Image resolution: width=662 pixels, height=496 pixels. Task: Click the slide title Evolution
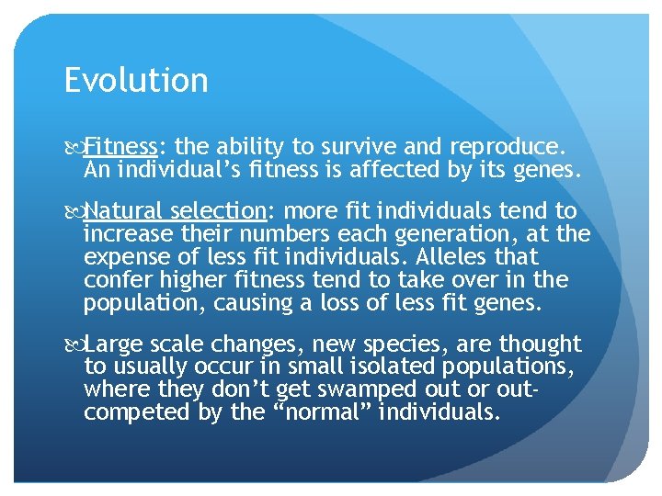coord(136,81)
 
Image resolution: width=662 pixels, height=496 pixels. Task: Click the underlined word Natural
coord(122,212)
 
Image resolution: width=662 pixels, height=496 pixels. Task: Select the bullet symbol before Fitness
coord(74,147)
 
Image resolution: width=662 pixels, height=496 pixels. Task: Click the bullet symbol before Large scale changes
coord(74,345)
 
